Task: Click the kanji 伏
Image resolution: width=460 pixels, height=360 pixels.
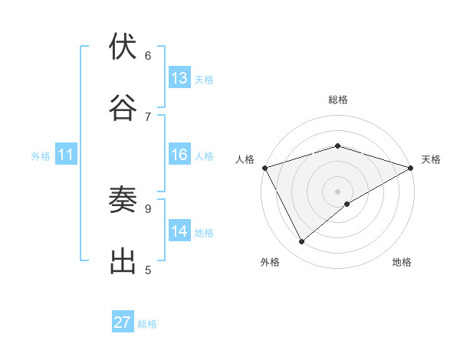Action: [x=123, y=47]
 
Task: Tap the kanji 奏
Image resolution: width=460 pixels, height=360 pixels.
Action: [x=123, y=200]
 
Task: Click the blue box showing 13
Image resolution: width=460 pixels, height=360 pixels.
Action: [x=179, y=78]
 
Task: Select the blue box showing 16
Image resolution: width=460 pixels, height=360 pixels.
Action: [x=179, y=155]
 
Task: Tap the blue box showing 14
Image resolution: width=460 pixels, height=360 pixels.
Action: [x=179, y=232]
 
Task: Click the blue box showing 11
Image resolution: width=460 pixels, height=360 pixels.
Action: [x=66, y=155]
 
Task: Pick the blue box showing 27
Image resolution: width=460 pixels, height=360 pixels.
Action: [x=123, y=322]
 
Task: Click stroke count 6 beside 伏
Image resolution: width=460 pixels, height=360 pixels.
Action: [x=148, y=55]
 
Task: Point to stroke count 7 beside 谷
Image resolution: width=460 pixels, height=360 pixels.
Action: [x=148, y=116]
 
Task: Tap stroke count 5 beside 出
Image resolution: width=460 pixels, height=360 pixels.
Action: [x=148, y=270]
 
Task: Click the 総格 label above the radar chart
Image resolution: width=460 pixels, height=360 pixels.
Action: [x=337, y=100]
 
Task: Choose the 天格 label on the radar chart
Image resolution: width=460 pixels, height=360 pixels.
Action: [x=431, y=159]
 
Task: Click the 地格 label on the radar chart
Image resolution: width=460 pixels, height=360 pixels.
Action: [x=402, y=262]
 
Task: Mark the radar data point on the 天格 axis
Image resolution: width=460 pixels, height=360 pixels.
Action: [x=411, y=167]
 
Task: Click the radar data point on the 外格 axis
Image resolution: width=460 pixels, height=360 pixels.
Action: [x=302, y=242]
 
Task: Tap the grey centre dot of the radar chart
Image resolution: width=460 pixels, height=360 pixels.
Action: [x=337, y=191]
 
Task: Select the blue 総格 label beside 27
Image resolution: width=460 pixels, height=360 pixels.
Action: [x=148, y=324]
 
